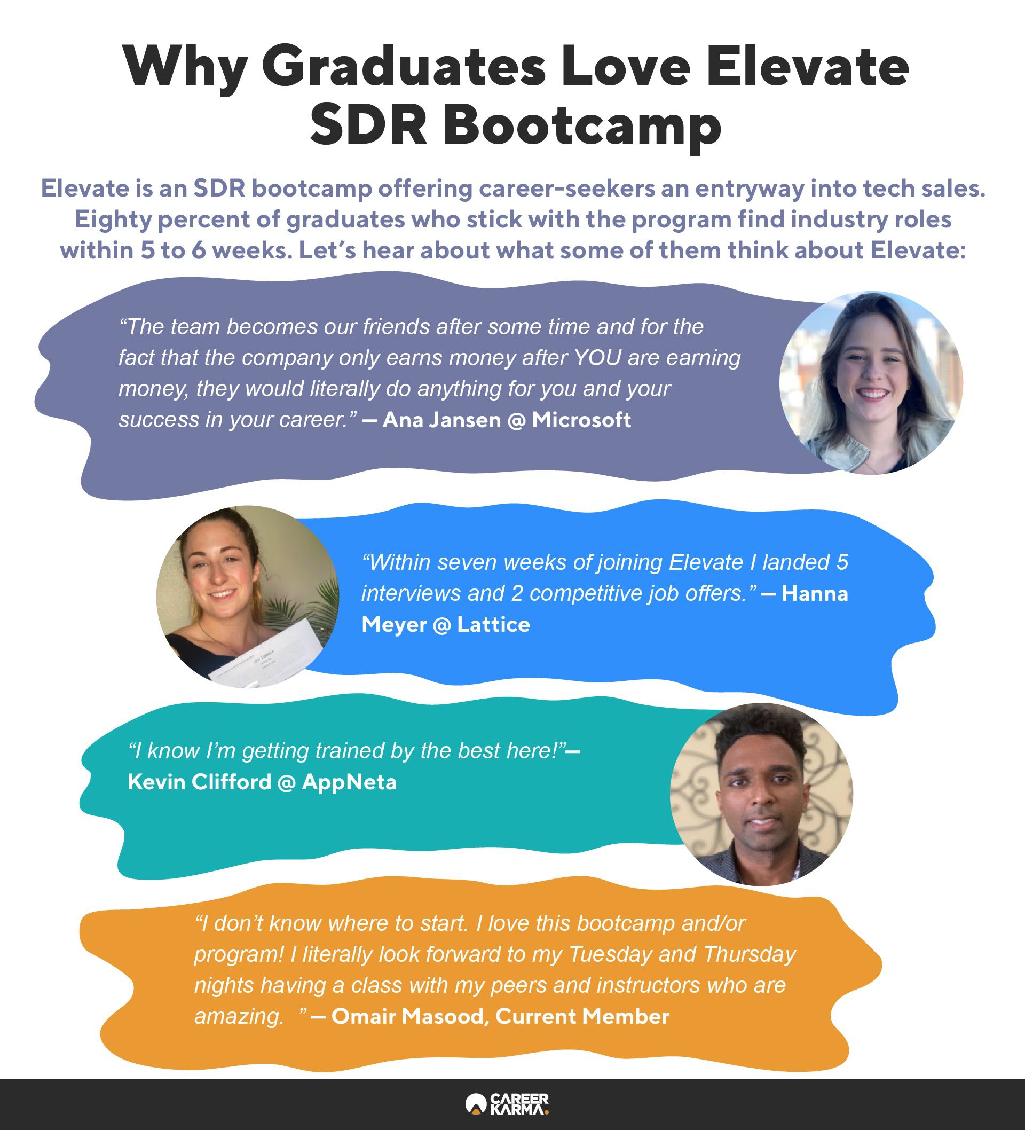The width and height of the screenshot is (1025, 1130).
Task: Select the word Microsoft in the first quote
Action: point(581,420)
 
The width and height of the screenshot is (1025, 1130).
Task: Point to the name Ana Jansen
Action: point(441,420)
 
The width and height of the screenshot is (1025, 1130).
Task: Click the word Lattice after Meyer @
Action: point(493,624)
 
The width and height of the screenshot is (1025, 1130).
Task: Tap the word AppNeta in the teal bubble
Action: point(349,782)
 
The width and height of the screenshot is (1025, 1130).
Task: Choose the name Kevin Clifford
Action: point(200,782)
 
